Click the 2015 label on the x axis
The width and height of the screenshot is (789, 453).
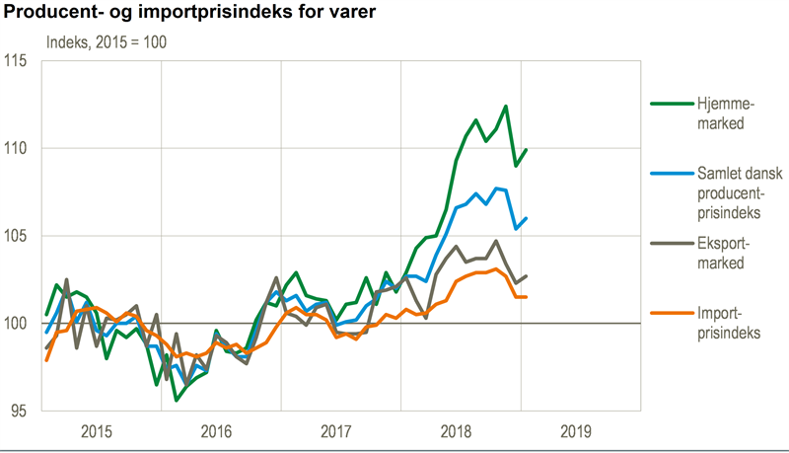97,431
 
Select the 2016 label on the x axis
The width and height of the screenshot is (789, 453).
217,431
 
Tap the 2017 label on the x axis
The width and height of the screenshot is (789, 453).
337,431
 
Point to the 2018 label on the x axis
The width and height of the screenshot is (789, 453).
458,431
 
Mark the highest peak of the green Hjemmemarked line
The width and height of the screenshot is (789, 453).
506,107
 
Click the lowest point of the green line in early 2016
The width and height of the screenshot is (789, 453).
177,400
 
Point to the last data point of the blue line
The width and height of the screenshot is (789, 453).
527,219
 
